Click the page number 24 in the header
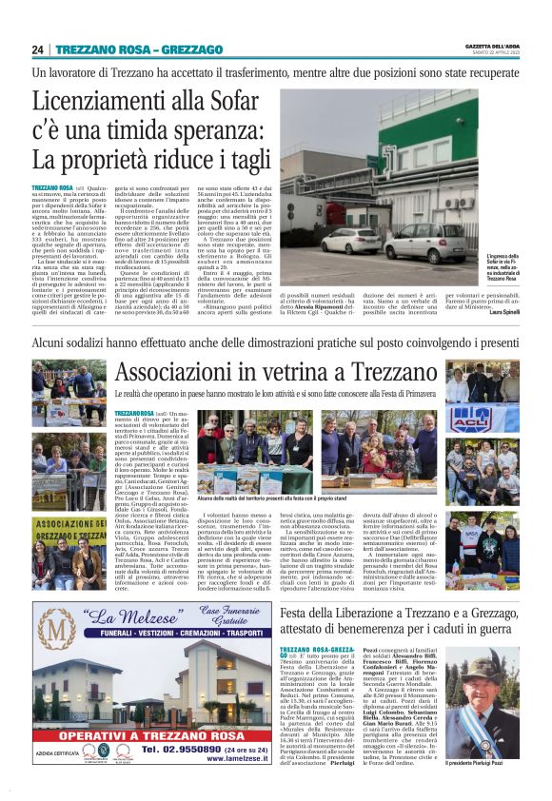(37, 49)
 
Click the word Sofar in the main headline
(244, 103)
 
